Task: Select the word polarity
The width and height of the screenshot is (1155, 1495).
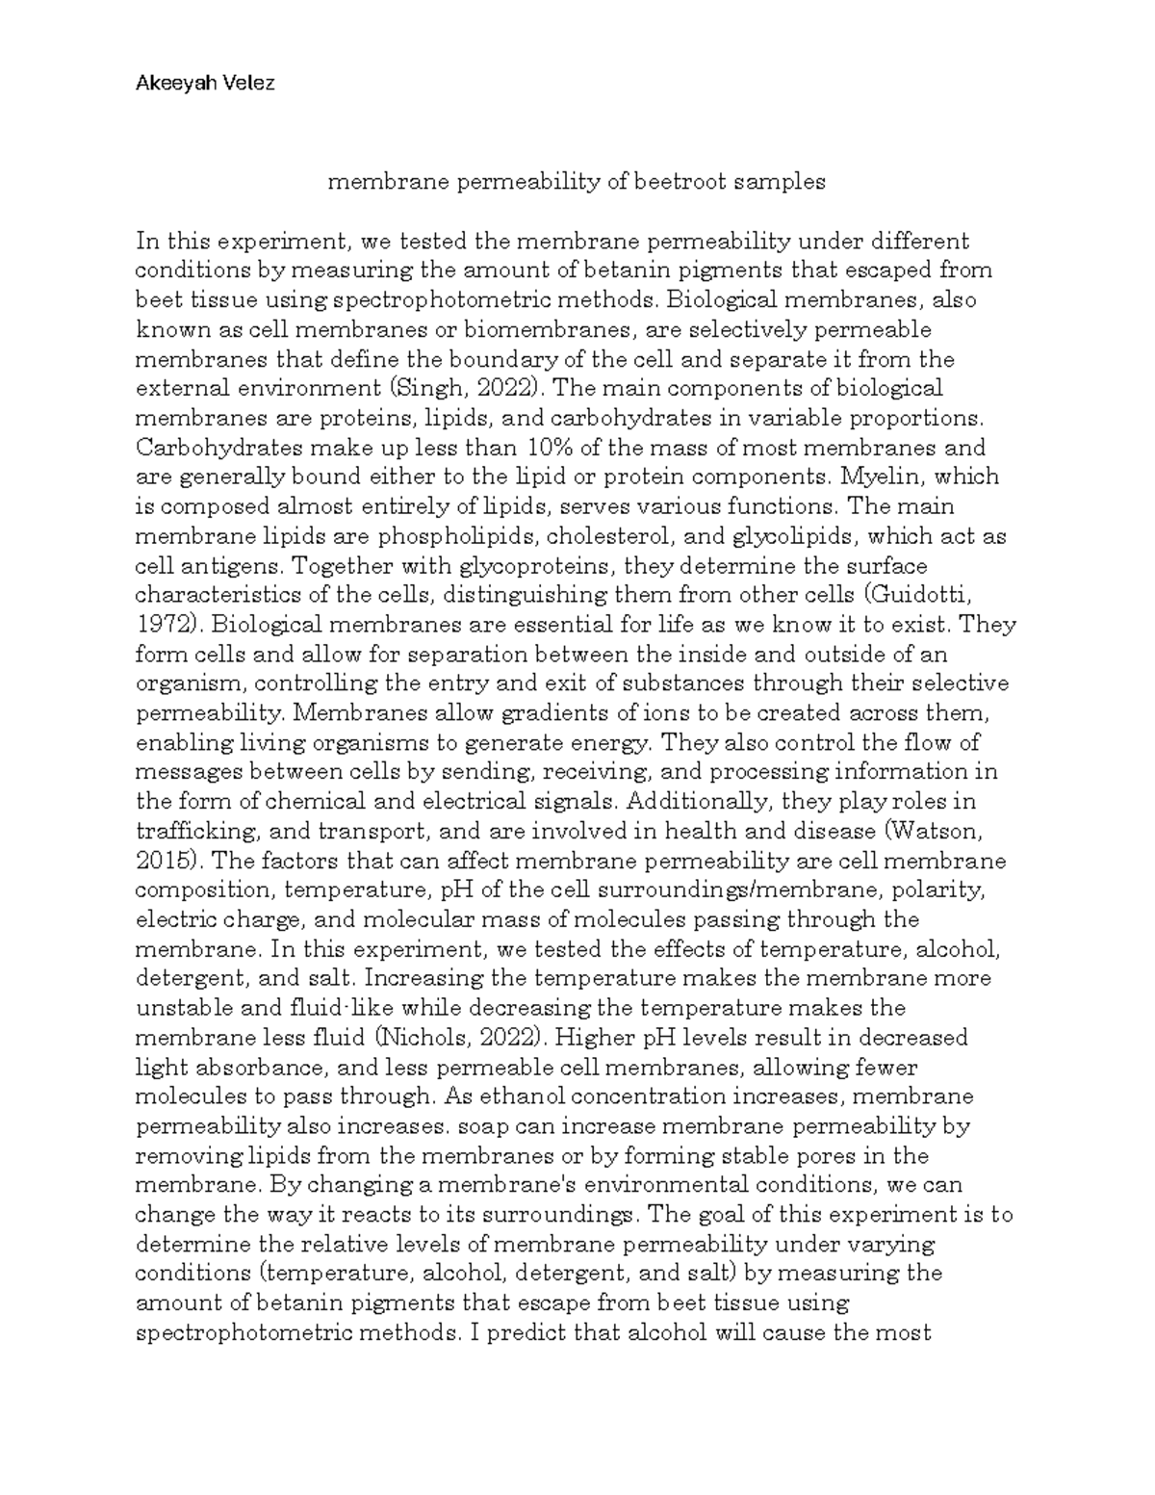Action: click(x=960, y=889)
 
